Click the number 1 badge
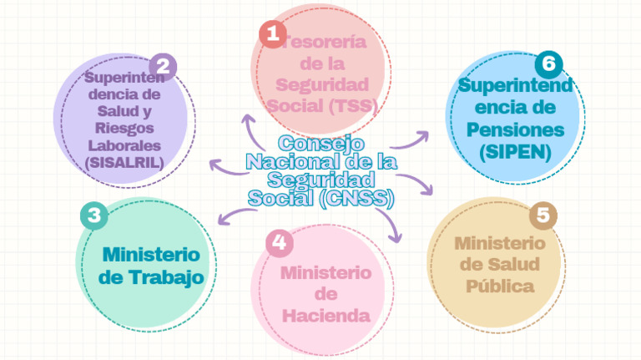(x=273, y=34)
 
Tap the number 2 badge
(x=163, y=67)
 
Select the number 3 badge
(x=94, y=215)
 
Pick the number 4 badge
(x=280, y=243)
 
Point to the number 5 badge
(x=543, y=215)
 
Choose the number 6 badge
(x=548, y=64)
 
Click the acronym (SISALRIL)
(x=124, y=163)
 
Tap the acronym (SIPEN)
(x=516, y=152)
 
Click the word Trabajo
(x=167, y=277)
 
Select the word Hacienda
(x=326, y=316)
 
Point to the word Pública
(x=500, y=286)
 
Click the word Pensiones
(x=516, y=129)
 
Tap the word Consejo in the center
(x=321, y=143)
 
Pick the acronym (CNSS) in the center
(x=356, y=199)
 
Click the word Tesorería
(x=324, y=42)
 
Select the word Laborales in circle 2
(x=124, y=145)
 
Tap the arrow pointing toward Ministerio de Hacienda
(x=391, y=223)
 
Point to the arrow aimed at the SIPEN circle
(x=410, y=141)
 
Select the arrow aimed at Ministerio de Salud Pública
(x=416, y=181)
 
